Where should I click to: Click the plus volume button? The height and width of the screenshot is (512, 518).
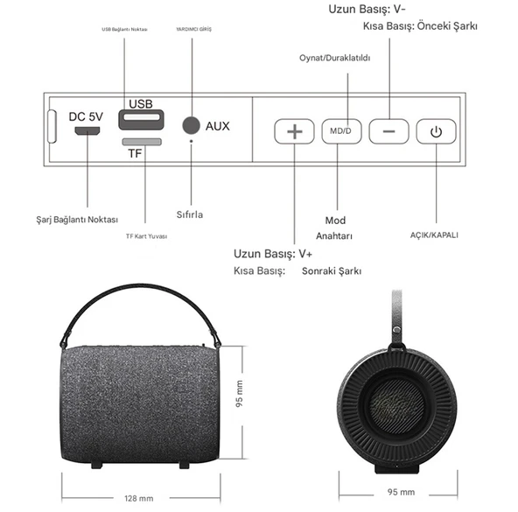(x=294, y=131)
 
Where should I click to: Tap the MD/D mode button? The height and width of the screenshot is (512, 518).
(x=341, y=131)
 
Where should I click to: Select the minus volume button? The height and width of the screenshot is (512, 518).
(x=388, y=131)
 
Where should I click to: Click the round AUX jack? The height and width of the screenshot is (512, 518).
(x=191, y=126)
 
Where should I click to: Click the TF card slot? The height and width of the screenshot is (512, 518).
(x=141, y=141)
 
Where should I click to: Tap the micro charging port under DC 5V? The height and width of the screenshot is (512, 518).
(x=87, y=131)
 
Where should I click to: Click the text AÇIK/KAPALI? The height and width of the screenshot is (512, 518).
(x=434, y=235)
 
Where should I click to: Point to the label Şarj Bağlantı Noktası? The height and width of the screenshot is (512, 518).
(x=78, y=219)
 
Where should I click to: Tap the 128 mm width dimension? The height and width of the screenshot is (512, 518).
(x=138, y=498)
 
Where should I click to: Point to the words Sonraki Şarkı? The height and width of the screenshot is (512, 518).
(x=332, y=272)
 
